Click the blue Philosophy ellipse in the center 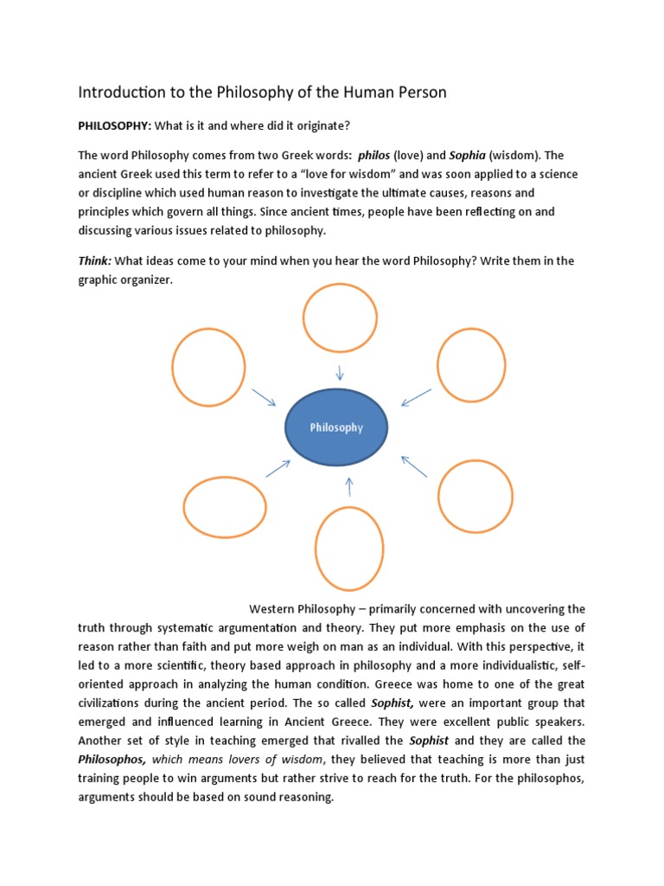(x=336, y=427)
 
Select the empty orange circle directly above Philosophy (x=340, y=318)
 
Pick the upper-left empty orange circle (x=208, y=367)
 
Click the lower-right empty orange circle (x=475, y=497)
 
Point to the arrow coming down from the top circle (x=340, y=373)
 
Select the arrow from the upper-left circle (x=263, y=397)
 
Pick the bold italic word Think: (x=95, y=261)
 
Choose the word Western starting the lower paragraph (x=273, y=609)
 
